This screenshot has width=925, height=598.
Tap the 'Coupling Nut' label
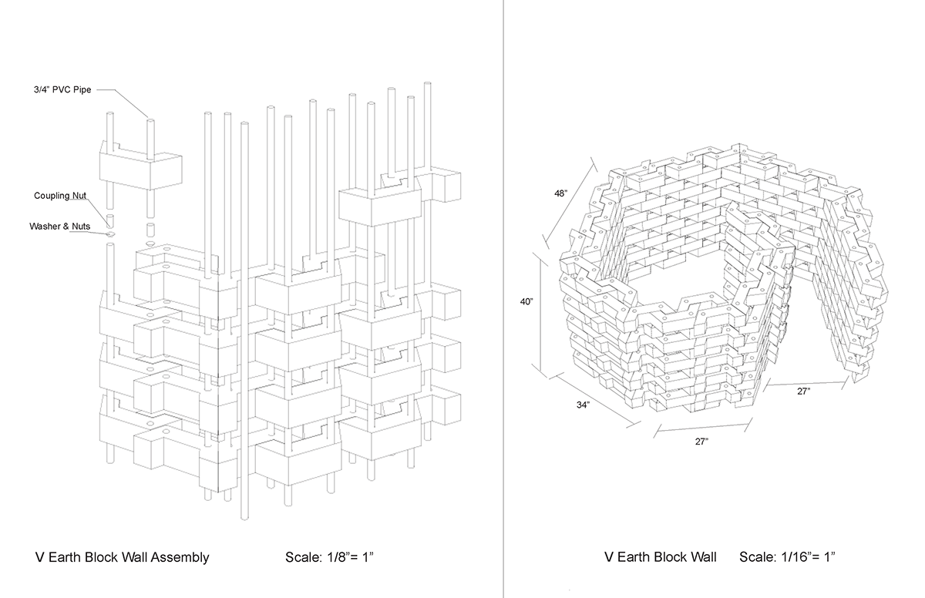[x=59, y=196]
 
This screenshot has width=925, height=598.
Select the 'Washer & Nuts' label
[x=59, y=227]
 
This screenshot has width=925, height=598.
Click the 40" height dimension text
[x=527, y=302]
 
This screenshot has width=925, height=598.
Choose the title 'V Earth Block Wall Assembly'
[x=122, y=557]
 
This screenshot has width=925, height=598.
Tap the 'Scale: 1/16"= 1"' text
[x=787, y=557]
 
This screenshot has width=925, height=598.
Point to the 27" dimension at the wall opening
[x=802, y=391]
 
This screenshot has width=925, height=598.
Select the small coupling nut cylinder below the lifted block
[x=150, y=229]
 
